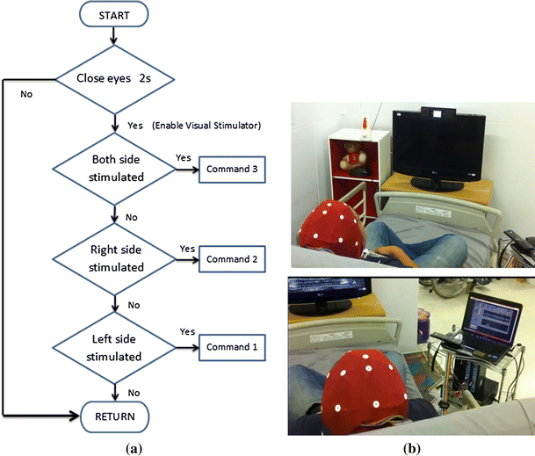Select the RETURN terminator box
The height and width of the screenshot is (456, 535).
point(114,415)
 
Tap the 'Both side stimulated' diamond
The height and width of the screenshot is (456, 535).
point(114,169)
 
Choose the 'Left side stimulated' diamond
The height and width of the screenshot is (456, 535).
point(114,349)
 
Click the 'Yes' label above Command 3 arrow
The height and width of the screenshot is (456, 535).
point(184,158)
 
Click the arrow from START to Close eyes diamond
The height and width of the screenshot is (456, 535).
point(114,40)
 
